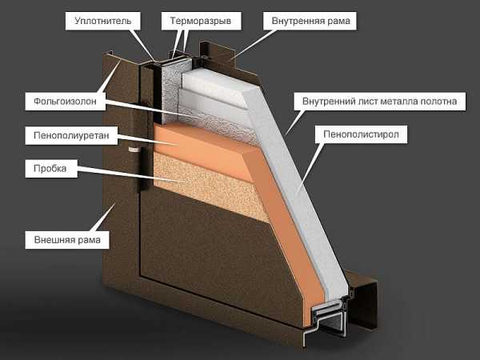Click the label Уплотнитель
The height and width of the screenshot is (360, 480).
[x=103, y=21]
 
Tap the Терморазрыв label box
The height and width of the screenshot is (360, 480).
[x=201, y=21]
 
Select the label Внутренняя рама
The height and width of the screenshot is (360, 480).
[x=310, y=21]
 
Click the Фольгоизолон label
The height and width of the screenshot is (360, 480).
[x=66, y=101]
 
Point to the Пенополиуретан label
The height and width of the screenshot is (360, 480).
[x=71, y=135]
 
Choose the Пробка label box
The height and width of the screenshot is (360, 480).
[x=51, y=168]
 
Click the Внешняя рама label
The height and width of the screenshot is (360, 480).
[x=67, y=239]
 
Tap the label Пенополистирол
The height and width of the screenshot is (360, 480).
[x=362, y=134]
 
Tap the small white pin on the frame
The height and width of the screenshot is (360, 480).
[x=134, y=150]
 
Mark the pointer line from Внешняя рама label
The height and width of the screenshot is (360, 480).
[x=104, y=217]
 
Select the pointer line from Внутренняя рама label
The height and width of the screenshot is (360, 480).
[x=254, y=43]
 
